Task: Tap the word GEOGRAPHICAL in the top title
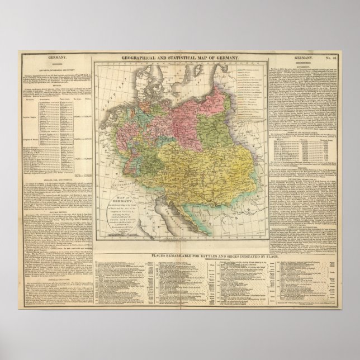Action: (139, 58)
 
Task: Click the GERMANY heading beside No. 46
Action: (305, 58)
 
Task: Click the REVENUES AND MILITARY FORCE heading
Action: (302, 130)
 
